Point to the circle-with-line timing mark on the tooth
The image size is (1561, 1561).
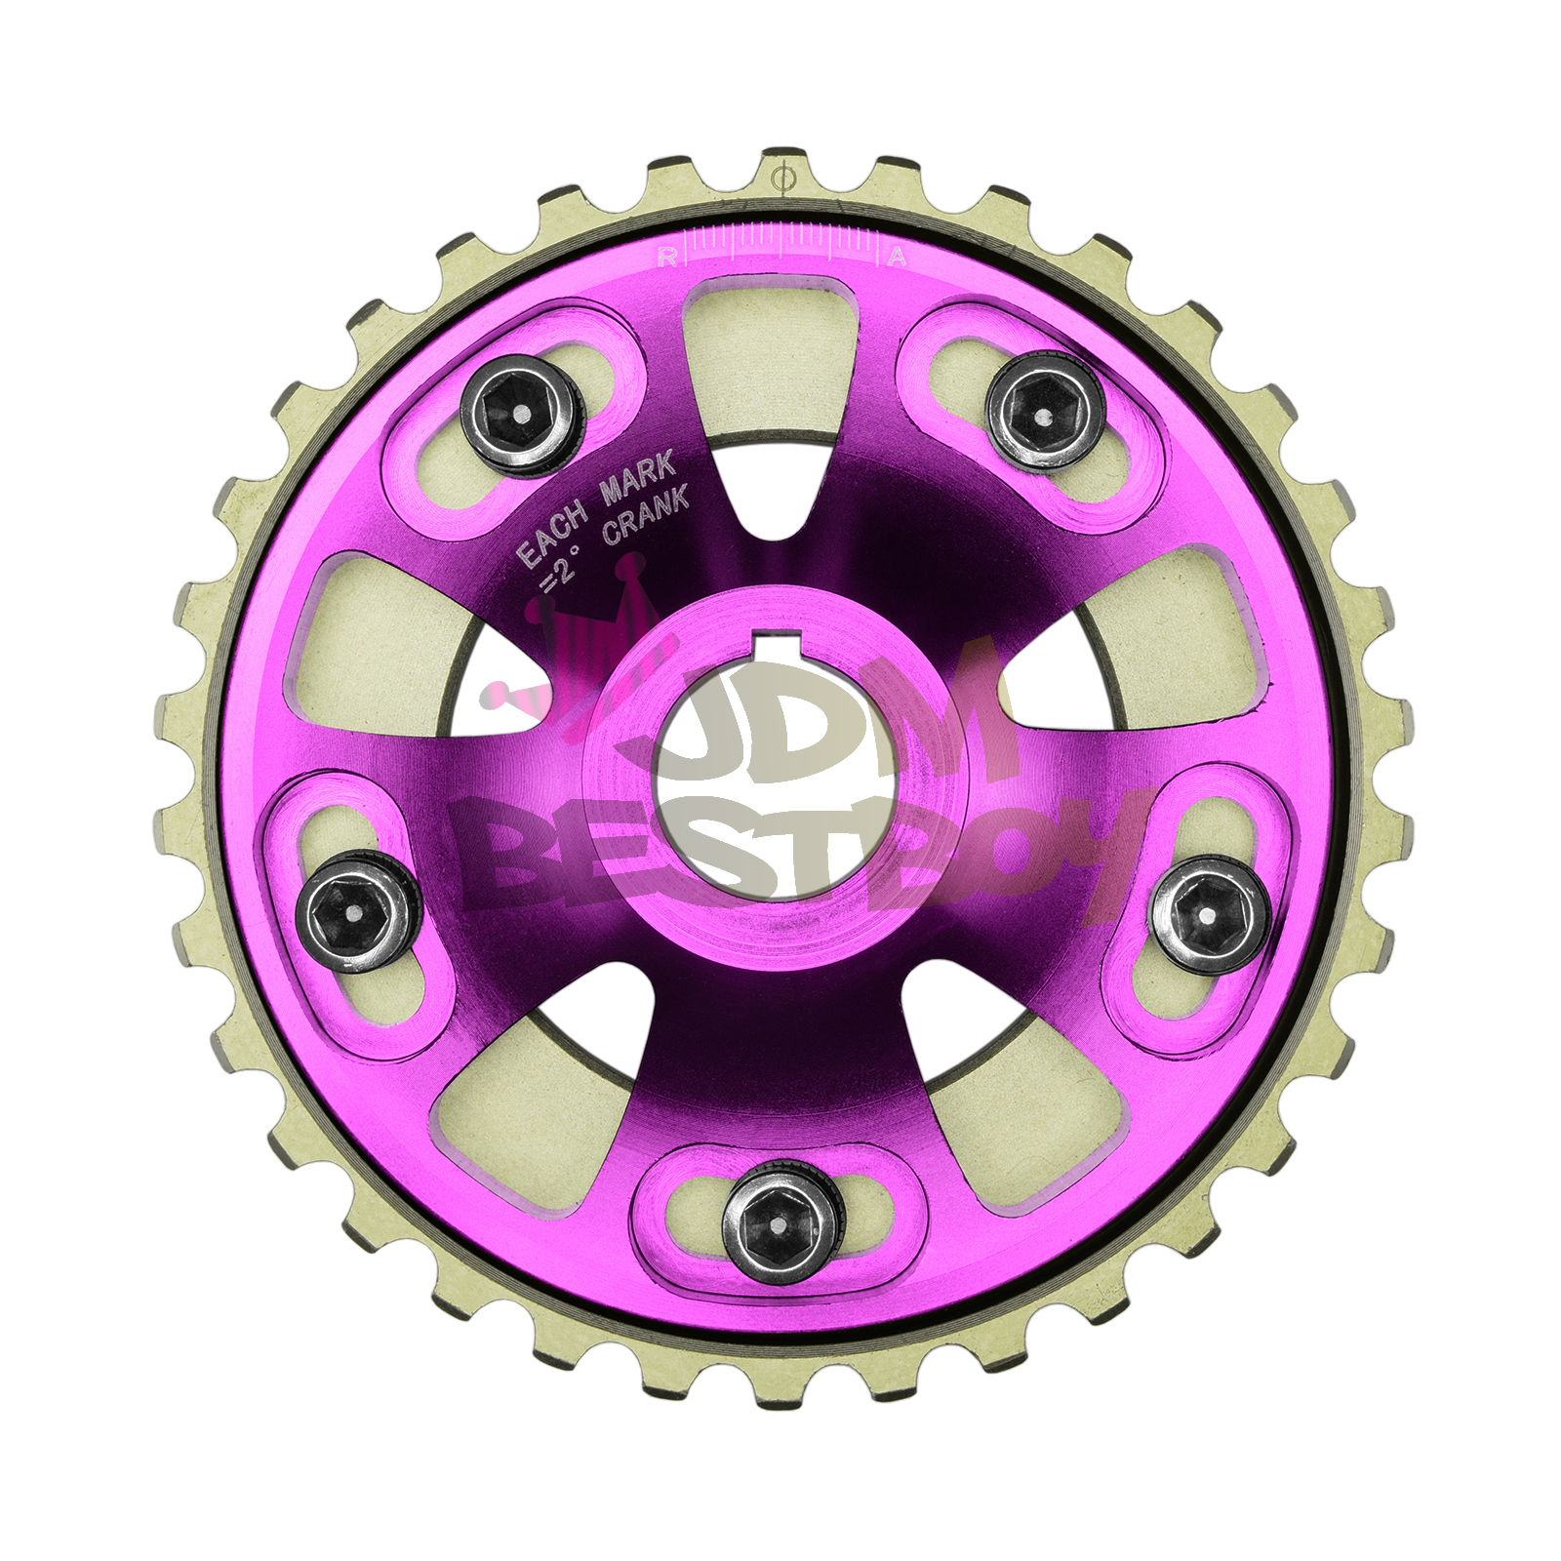780,180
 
